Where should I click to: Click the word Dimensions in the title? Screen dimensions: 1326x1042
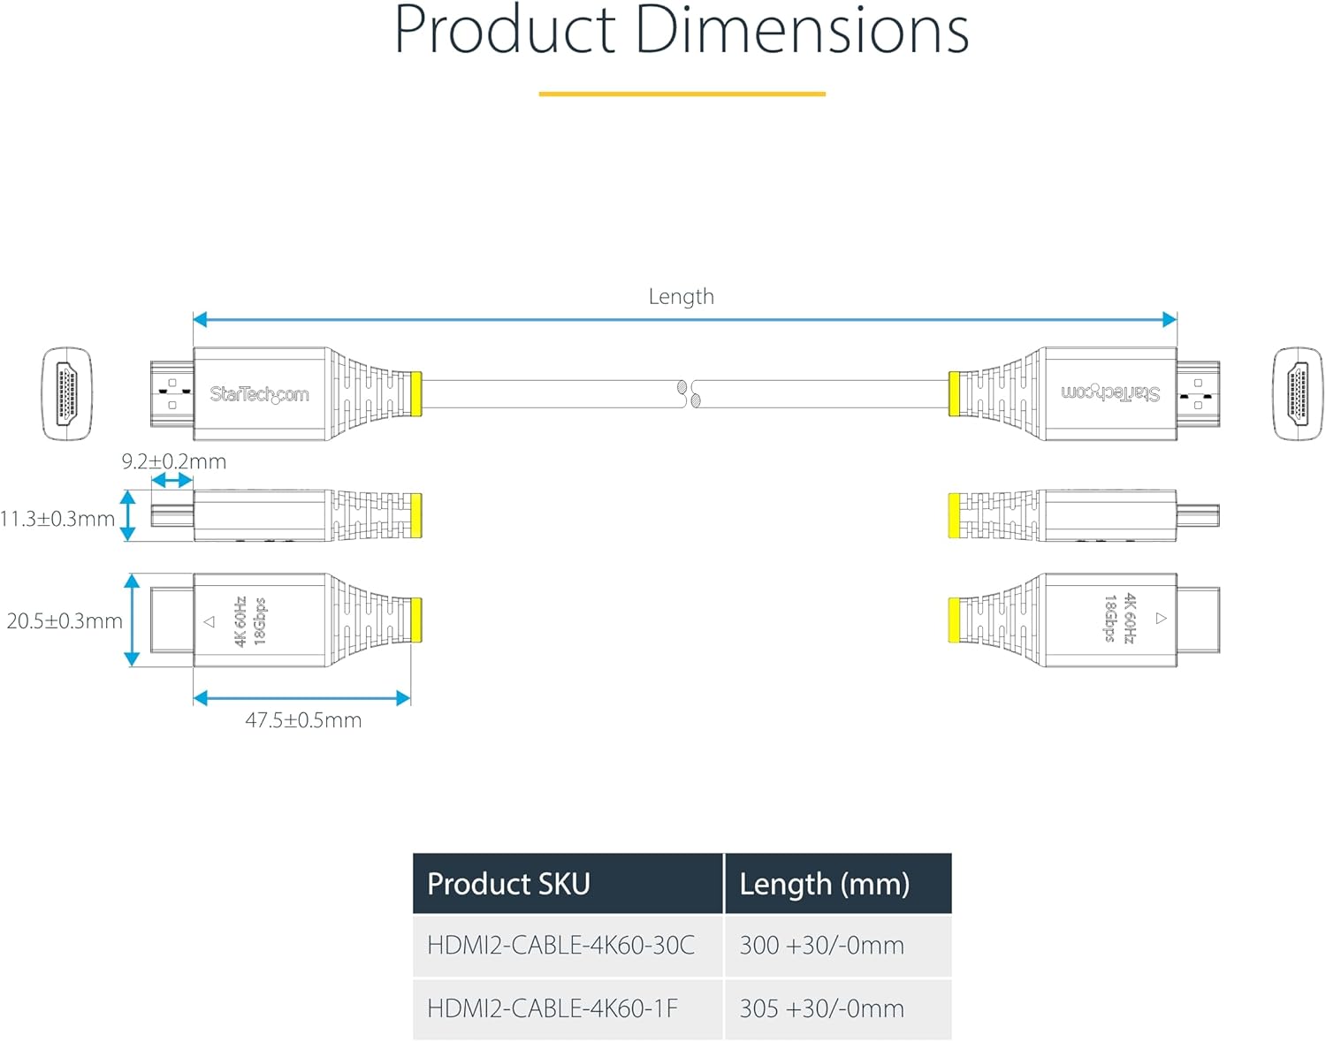[x=802, y=29]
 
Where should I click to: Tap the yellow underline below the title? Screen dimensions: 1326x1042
[x=682, y=94]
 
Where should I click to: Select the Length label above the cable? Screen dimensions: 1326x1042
[x=681, y=296]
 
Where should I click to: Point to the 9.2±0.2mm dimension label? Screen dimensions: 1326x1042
[x=174, y=461]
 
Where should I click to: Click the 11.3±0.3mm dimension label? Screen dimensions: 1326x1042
[x=57, y=519]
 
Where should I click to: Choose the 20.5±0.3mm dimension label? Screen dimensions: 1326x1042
[x=65, y=621]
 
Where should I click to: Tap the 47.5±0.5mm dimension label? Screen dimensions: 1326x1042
[x=303, y=720]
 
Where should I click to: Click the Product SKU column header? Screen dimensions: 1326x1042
[x=509, y=884]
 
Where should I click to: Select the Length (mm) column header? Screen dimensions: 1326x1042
[x=825, y=884]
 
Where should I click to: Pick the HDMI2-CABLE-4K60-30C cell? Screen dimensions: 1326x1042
[x=560, y=945]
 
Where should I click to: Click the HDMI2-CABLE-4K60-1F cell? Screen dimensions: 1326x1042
[x=552, y=1008]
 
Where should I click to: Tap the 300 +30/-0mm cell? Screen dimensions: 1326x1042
[x=822, y=945]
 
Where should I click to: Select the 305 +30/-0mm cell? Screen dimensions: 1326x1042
[x=822, y=1008]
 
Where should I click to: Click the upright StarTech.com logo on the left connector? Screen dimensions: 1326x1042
[x=259, y=394]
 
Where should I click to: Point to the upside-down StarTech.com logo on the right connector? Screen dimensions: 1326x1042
[x=1110, y=393]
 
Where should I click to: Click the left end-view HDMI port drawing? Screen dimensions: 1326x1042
[x=67, y=393]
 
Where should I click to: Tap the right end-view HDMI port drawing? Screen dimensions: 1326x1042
[x=1298, y=393]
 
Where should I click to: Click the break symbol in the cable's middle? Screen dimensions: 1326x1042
[x=689, y=394]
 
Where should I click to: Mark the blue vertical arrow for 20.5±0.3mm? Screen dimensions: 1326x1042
[x=132, y=620]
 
